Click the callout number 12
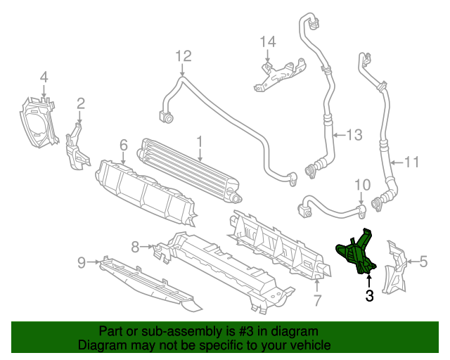pos(183,55)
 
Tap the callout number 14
pos(268,42)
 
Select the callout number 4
pos(44,77)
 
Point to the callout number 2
pos(81,104)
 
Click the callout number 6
pos(123,145)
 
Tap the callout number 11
pos(411,162)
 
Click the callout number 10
pos(361,185)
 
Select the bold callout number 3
pos(369,296)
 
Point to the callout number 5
pos(423,262)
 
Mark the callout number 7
pos(317,302)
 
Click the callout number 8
pos(135,246)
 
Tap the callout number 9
pos(82,262)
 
